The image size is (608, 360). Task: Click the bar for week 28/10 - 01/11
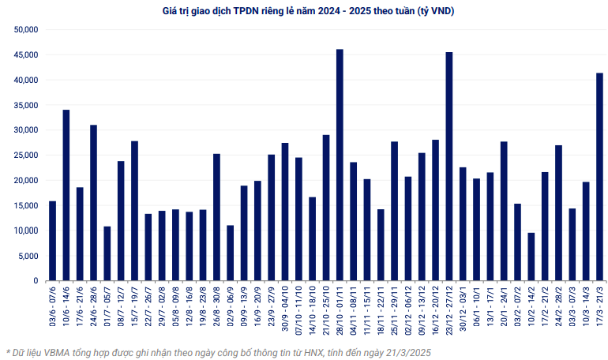click(340, 165)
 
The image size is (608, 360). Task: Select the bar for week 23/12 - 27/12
click(449, 167)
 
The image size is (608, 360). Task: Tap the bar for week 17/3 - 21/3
click(599, 177)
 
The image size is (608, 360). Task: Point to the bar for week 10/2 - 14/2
click(531, 257)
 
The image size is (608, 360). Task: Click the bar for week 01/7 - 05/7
click(107, 253)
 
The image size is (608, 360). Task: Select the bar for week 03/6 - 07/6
click(52, 241)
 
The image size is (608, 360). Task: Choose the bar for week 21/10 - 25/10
click(326, 208)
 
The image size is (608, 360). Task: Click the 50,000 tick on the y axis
click(26, 30)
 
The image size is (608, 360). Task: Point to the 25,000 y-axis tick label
click(26, 156)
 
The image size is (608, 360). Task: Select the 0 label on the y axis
click(36, 281)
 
